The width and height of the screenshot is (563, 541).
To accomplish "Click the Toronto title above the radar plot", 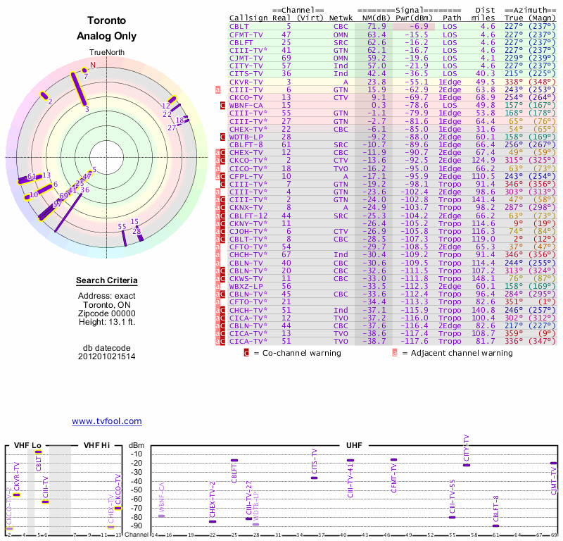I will tap(106, 21).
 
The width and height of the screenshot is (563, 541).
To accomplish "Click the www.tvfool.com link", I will tap(106, 421).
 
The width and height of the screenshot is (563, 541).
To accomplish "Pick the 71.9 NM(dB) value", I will tap(377, 25).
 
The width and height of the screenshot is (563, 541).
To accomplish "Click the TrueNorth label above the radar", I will tap(106, 53).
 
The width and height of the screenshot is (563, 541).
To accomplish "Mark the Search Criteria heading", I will tap(106, 281).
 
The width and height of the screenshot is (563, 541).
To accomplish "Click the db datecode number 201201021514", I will tap(106, 356).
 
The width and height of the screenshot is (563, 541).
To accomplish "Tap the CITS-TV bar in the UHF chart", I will tap(314, 478).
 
